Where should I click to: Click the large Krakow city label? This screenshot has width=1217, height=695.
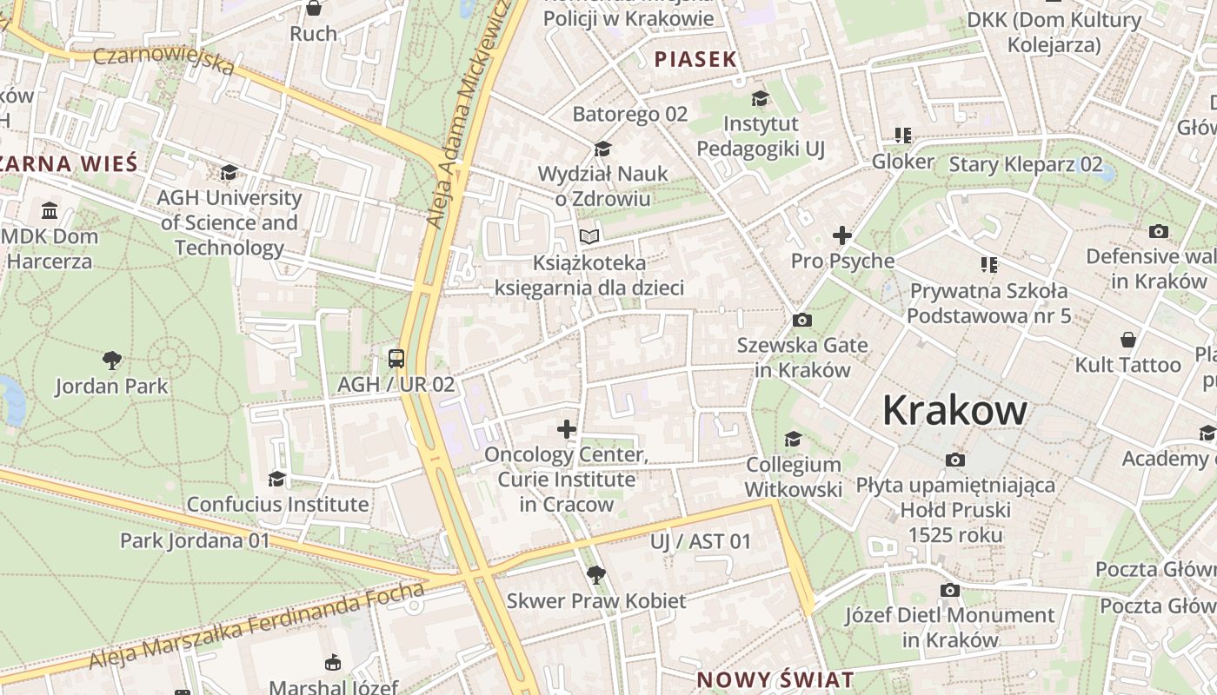[x=954, y=410]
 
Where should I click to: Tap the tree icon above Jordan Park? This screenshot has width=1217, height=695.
[x=111, y=360]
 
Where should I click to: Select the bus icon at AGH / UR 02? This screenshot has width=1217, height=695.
[x=396, y=358]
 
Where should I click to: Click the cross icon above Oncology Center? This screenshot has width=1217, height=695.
[x=567, y=428]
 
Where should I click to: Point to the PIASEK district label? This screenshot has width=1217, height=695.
[x=695, y=59]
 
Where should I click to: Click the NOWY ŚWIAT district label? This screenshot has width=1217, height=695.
[x=775, y=679]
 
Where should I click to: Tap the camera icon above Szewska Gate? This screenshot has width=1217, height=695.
[x=802, y=321]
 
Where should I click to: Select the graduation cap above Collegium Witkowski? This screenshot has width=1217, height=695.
[x=793, y=439]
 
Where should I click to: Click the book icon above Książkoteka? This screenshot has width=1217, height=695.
[x=589, y=236]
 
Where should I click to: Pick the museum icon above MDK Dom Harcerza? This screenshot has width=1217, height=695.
[x=50, y=210]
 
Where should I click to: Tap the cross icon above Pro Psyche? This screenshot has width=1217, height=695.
[x=841, y=235]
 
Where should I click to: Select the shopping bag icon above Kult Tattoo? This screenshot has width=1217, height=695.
[x=1127, y=339]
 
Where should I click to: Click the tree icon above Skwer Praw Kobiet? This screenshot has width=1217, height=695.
[x=595, y=574]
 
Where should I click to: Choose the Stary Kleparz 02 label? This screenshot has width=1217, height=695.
[x=1026, y=164]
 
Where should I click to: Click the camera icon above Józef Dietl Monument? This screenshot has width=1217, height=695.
[x=950, y=591]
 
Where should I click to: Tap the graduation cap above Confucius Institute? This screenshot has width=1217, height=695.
[x=276, y=479]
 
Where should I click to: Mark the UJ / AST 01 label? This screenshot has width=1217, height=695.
[x=700, y=542]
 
